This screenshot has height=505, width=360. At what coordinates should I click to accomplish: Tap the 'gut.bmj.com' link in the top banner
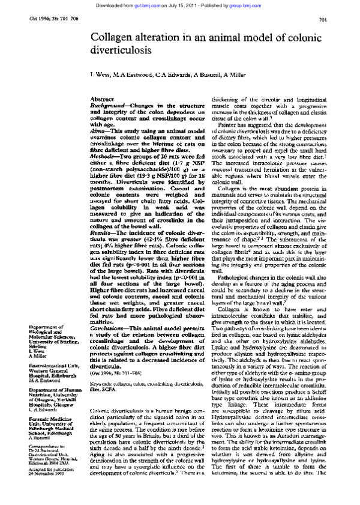tap(178, 4)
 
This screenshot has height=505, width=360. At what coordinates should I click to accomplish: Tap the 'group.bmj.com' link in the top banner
tap(263, 4)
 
